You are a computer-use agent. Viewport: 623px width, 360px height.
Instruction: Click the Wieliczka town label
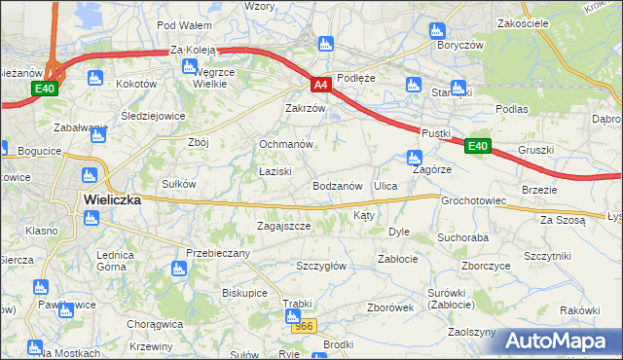[x=112, y=198]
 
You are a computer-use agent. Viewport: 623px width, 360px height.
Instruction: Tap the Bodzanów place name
[x=338, y=185]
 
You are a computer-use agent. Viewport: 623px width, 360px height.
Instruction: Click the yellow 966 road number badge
[x=305, y=327]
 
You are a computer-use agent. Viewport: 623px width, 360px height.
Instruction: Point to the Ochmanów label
[x=285, y=144]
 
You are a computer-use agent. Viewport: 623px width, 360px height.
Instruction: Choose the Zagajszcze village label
[x=283, y=226]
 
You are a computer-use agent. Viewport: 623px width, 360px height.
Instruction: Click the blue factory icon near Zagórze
[x=415, y=157]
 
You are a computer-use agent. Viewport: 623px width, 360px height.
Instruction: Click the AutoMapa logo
[x=562, y=341]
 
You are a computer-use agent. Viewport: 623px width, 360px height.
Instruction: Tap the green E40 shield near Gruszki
[x=476, y=146]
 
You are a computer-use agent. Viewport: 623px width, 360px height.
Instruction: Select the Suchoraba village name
[x=462, y=236]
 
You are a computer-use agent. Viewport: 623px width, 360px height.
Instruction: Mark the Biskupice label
[x=244, y=292]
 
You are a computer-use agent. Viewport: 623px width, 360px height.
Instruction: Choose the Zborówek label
[x=392, y=306]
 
